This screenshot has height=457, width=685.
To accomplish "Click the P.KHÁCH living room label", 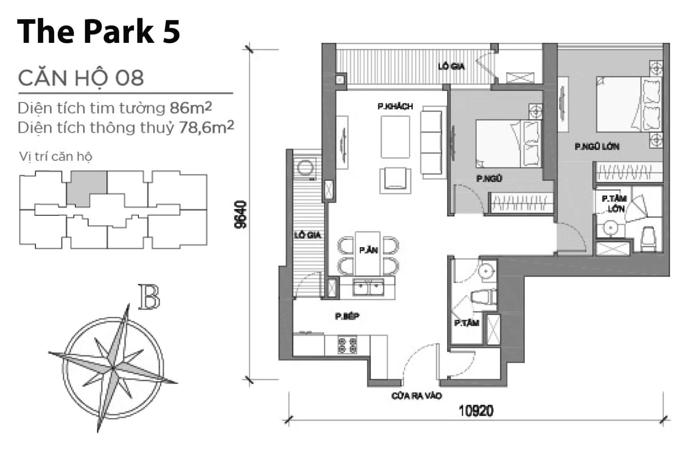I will [x=395, y=106].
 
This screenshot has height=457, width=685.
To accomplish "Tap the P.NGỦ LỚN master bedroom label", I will [x=597, y=146].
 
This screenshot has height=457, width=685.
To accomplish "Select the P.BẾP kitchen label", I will [x=347, y=316].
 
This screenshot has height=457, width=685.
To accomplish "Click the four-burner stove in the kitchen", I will [x=347, y=345].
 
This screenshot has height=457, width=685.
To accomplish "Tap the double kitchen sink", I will [x=368, y=287].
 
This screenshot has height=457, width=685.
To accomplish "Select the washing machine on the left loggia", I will [x=306, y=168].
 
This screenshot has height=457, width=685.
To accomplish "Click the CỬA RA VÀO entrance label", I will [x=416, y=396].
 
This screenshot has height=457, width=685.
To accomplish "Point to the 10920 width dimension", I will [x=476, y=411].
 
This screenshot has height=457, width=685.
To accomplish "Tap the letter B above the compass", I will [x=149, y=297].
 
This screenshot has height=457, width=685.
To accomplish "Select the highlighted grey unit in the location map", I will [x=87, y=187].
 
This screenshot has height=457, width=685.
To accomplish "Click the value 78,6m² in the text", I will [x=206, y=127].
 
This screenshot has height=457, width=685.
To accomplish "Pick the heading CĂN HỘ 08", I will [x=81, y=78].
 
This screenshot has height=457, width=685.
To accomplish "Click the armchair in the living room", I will [x=395, y=181].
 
